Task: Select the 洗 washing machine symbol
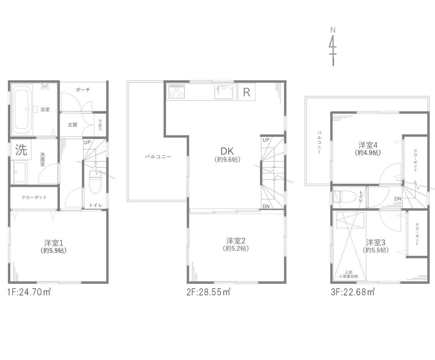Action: (x=21, y=150)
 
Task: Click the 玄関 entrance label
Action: (x=72, y=125)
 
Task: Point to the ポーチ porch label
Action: (x=83, y=90)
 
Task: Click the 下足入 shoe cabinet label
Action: (x=100, y=125)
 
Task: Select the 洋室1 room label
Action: (x=54, y=243)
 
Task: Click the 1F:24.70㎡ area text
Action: (x=29, y=292)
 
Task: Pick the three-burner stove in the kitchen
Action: (x=177, y=91)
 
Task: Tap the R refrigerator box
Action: (x=247, y=92)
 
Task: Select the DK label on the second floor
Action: (x=227, y=151)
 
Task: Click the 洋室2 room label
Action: (x=236, y=241)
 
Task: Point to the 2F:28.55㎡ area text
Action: (x=208, y=292)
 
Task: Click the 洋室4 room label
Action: (x=368, y=145)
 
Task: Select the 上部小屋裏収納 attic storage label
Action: (x=348, y=274)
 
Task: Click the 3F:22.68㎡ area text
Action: (x=353, y=292)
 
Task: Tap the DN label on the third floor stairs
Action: (x=398, y=199)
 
